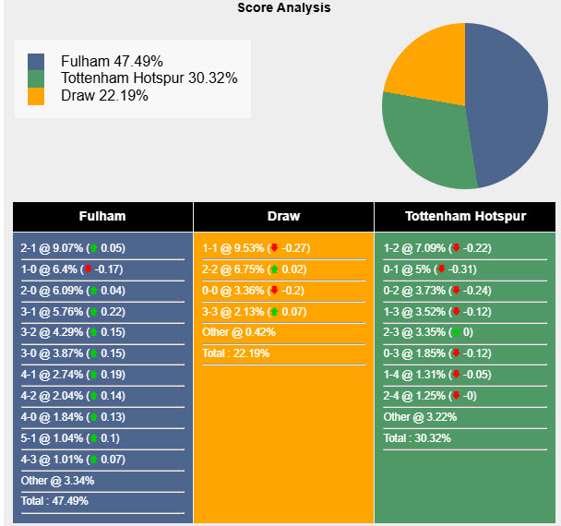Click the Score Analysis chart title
pos(283,7)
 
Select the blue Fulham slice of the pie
pos(507,102)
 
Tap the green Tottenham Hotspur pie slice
pos(424,138)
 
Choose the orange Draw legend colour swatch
pos(36,96)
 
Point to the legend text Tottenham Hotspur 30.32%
pos(149,78)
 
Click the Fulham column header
pos(102,217)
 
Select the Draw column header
pos(283,217)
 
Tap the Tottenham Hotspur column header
pos(465,217)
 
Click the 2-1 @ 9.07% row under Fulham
pos(73,248)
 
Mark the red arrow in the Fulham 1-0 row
pos(88,269)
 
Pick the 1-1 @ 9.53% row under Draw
pos(256,248)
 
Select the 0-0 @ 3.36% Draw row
pos(252,290)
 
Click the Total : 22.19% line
pos(235,353)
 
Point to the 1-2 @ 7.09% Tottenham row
pos(436,248)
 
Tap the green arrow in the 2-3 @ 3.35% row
pos(456,332)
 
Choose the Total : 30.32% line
pos(417,438)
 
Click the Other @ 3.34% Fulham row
pos(57,480)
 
